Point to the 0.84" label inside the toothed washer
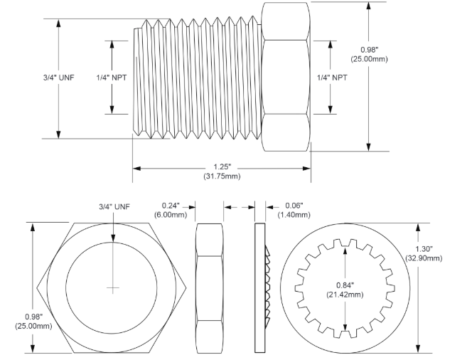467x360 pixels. [x=345, y=285]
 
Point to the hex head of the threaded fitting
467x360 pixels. [x=286, y=78]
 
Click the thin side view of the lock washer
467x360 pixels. [x=259, y=288]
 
